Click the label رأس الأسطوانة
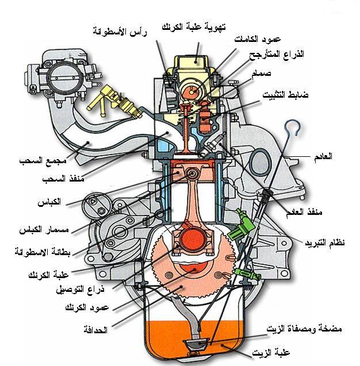120,32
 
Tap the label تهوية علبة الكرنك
194,26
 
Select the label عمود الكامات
258,38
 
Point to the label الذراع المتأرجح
277,55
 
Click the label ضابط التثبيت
285,95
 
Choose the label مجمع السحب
43,161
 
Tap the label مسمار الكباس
44,230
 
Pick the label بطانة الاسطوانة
43,252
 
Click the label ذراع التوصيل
80,290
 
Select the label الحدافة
95,330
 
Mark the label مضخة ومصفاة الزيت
304,329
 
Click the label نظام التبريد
325,242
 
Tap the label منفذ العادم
304,212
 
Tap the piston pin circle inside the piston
193,174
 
